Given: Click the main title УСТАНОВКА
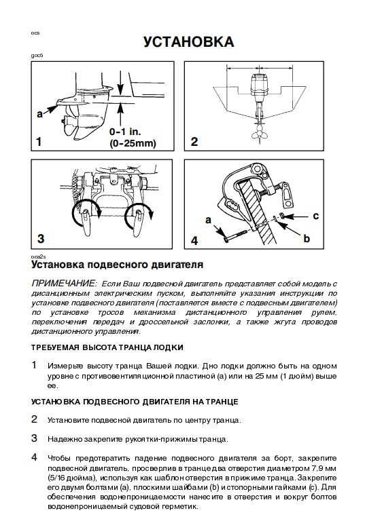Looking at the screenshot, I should pyautogui.click(x=188, y=42).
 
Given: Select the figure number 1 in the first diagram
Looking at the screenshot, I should pyautogui.click(x=39, y=142).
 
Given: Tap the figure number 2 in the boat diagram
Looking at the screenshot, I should pyautogui.click(x=194, y=142).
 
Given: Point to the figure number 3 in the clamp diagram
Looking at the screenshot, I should pyautogui.click(x=41, y=238).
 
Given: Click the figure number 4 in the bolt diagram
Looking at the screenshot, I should pyautogui.click(x=195, y=240).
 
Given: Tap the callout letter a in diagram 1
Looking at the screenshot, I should pyautogui.click(x=40, y=115).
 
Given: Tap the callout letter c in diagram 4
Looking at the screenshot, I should pyautogui.click(x=315, y=216).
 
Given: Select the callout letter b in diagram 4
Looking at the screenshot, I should pyautogui.click(x=307, y=239).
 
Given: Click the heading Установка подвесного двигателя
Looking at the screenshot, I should pyautogui.click(x=117, y=265).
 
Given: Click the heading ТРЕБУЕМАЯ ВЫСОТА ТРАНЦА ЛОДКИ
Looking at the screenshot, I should pyautogui.click(x=107, y=347).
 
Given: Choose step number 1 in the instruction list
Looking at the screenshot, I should pyautogui.click(x=35, y=365).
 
